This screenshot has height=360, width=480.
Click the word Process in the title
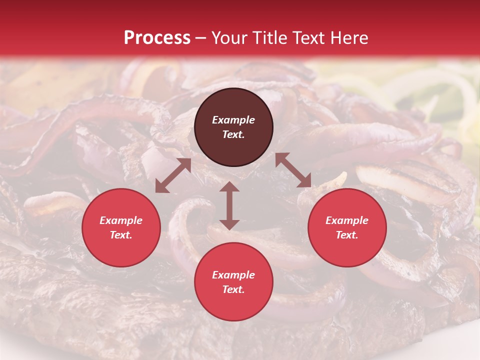click(157, 38)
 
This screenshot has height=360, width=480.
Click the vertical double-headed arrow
click(229, 205)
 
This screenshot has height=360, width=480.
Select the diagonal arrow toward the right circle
click(293, 170)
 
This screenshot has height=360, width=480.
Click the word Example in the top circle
click(233, 120)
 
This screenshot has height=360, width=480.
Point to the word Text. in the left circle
click(121, 235)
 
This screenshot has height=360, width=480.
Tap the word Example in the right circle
click(347, 220)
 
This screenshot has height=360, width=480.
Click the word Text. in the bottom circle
click(233, 289)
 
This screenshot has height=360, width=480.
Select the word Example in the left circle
click(121, 220)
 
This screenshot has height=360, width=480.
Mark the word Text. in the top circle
click(233, 134)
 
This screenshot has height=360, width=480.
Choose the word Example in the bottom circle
click(233, 275)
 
